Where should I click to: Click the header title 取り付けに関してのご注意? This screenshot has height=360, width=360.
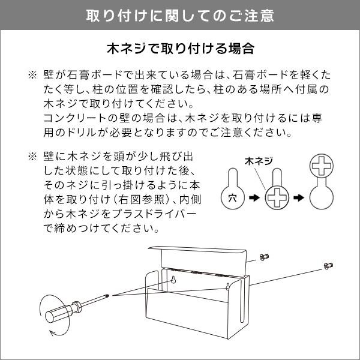pyautogui.click(x=180, y=14)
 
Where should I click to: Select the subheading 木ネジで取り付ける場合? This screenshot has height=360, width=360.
pyautogui.click(x=180, y=47)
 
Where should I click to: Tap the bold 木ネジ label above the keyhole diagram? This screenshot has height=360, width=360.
pyautogui.click(x=259, y=161)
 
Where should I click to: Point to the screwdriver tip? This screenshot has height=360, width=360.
pyautogui.click(x=106, y=295)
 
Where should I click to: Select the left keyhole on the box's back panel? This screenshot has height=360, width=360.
pyautogui.click(x=172, y=281)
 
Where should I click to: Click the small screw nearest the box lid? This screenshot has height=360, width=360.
pyautogui.click(x=263, y=257)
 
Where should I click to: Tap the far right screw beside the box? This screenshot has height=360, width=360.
pyautogui.click(x=328, y=265)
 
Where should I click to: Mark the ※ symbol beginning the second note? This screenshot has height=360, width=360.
pyautogui.click(x=31, y=157)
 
